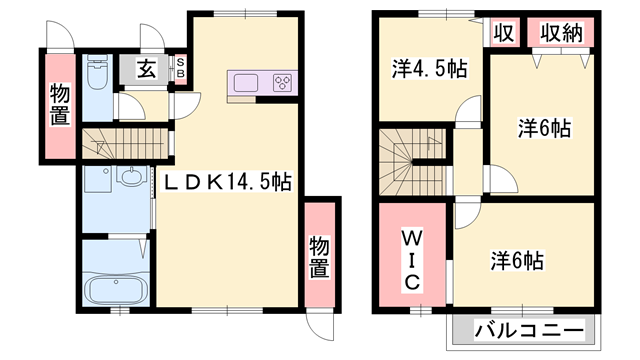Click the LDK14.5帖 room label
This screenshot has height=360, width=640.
pyautogui.click(x=228, y=183)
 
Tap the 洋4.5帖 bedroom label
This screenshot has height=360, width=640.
pyautogui.click(x=429, y=69)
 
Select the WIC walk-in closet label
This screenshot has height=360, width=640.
pyautogui.click(x=411, y=260)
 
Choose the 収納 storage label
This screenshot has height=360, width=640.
pyautogui.click(x=563, y=32)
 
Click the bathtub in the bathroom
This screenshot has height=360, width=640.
pyautogui.click(x=115, y=290)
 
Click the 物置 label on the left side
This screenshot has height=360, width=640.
pyautogui.click(x=60, y=106)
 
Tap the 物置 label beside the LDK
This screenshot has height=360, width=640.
pyautogui.click(x=319, y=256)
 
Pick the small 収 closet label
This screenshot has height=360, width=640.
pyautogui.click(x=504, y=32)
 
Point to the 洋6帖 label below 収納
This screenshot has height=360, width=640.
pyautogui.click(x=544, y=128)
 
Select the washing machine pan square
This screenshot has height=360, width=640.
pyautogui.click(x=98, y=183)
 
